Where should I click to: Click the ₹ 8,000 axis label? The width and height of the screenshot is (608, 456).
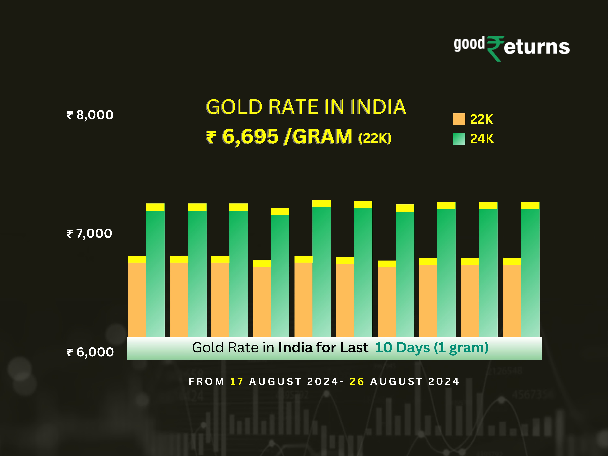click(x=90, y=115)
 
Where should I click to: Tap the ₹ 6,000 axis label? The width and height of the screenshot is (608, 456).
click(x=90, y=352)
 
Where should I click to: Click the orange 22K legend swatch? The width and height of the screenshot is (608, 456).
click(x=459, y=119)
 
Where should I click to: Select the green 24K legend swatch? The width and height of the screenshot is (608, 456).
click(x=459, y=139)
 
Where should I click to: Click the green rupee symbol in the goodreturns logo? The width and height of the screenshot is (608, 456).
click(x=495, y=48)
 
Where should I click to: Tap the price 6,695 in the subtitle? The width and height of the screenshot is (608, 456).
click(x=250, y=137)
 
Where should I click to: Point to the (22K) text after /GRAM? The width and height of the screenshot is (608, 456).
click(x=375, y=138)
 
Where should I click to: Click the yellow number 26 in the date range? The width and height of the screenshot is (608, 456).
click(x=357, y=382)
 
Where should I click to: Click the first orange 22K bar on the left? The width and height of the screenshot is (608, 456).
click(x=137, y=300)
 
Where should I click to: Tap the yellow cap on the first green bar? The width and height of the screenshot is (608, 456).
click(x=155, y=207)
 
